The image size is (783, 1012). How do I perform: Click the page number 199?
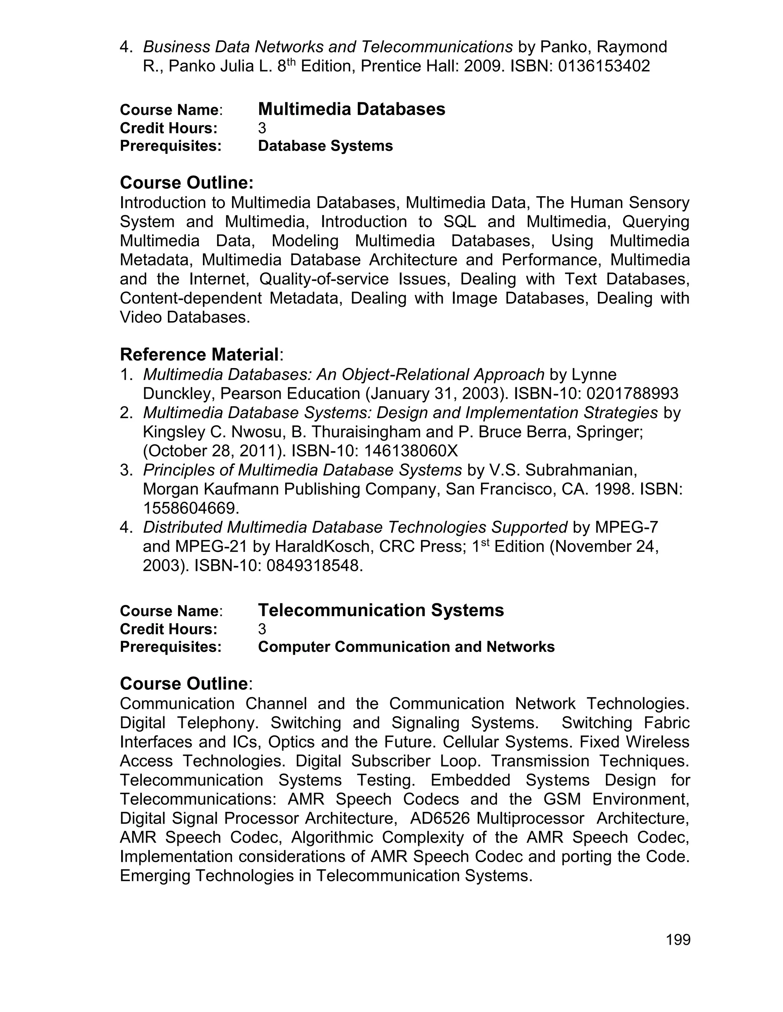click(678, 940)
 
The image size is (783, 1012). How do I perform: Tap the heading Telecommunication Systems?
click(380, 610)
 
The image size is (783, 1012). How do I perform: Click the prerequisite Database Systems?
click(325, 146)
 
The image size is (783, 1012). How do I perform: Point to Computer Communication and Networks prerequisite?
click(406, 647)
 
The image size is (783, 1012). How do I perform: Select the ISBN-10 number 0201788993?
click(632, 393)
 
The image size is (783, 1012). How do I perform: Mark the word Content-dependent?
click(191, 298)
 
